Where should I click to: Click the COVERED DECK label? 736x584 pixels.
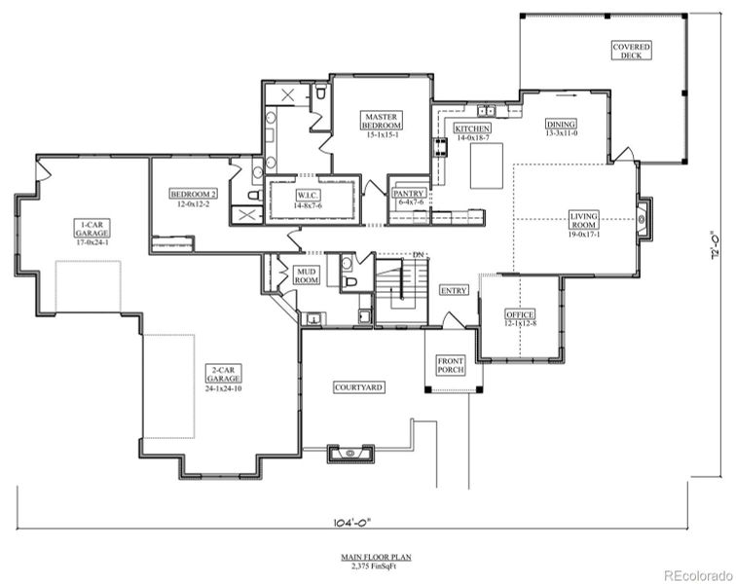click(632, 51)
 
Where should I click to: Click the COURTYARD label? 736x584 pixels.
click(359, 387)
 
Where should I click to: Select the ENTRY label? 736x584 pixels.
click(453, 290)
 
